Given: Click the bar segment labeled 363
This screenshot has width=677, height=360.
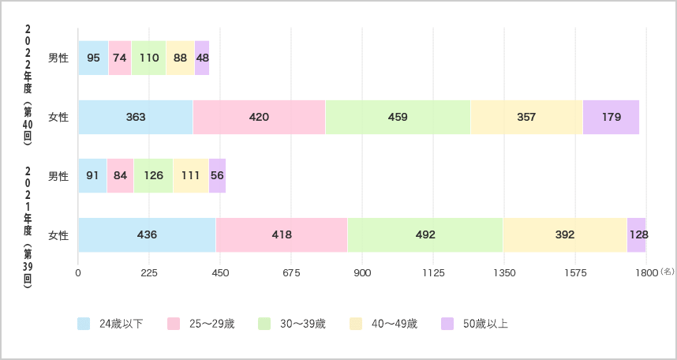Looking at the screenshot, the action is [136, 117].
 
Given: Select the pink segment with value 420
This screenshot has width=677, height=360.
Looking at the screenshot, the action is [259, 117].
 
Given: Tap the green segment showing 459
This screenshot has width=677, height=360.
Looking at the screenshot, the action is [398, 117].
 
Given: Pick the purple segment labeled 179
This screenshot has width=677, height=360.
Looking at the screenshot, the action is [611, 117].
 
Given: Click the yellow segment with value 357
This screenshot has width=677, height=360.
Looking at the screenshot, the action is [527, 117].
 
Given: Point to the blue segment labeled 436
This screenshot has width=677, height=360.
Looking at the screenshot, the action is [148, 234].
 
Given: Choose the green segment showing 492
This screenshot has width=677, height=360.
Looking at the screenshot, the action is [425, 234].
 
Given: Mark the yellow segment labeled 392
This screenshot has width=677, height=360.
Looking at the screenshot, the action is [565, 234].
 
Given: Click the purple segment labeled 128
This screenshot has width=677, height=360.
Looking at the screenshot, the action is [637, 234].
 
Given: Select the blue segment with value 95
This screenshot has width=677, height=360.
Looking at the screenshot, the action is [93, 58].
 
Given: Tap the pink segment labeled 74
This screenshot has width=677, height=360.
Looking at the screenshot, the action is [120, 58].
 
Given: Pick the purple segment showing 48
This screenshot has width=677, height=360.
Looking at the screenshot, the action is [202, 58].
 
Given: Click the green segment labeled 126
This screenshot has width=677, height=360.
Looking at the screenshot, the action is [153, 175].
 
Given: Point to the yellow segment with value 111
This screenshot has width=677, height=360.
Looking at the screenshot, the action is [191, 175].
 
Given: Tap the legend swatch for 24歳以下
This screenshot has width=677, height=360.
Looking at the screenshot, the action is [84, 324].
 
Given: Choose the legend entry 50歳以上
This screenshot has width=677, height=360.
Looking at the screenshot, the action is [474, 324].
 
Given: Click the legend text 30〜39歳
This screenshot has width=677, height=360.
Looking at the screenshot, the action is [303, 324].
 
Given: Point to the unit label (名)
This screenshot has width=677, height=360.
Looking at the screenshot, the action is [667, 272].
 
